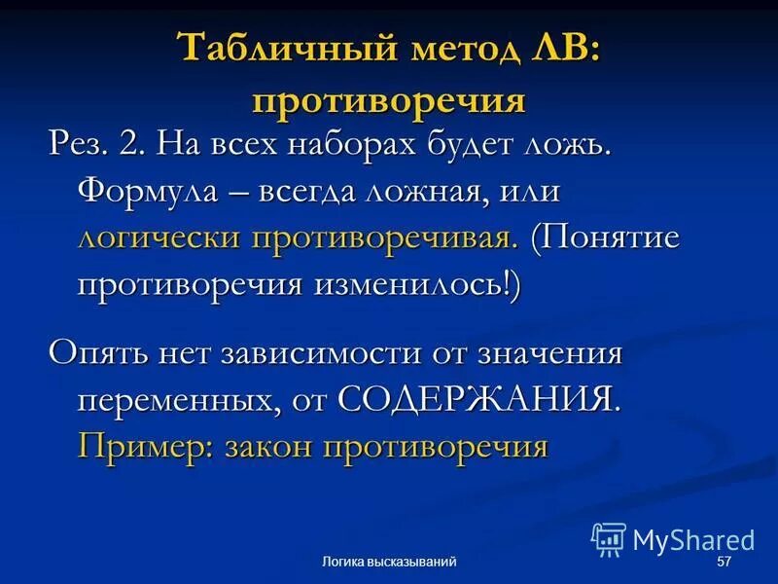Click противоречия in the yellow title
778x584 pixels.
(389, 100)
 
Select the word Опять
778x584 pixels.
(95, 352)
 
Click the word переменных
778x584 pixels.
(173, 399)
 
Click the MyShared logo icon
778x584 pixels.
(608, 539)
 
